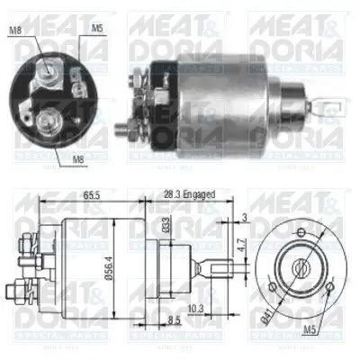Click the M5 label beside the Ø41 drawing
pos(310,327)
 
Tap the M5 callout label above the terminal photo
pos(96,28)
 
